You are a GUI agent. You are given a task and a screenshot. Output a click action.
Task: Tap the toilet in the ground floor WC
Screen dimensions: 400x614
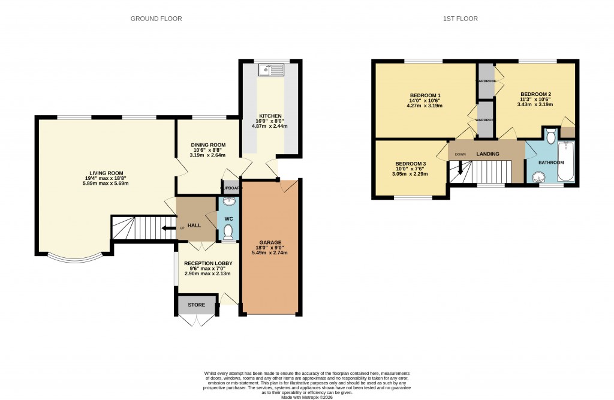[x=228, y=232]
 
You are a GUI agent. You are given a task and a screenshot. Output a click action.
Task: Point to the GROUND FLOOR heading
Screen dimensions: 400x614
[x=156, y=19]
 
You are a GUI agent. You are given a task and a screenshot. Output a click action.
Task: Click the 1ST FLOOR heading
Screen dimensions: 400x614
[x=460, y=19]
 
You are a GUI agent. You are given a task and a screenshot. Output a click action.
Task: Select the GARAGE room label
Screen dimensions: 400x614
[x=271, y=242]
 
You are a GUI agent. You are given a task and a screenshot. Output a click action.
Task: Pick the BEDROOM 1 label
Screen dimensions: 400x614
[x=425, y=96]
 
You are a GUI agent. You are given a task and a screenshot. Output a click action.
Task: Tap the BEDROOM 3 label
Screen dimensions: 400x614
[x=411, y=164]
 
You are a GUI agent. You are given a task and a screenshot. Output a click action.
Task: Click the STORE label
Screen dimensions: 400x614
[x=196, y=305]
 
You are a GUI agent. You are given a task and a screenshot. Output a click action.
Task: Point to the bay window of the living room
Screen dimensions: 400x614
[x=76, y=259]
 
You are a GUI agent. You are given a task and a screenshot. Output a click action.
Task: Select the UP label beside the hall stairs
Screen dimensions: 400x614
[x=182, y=228]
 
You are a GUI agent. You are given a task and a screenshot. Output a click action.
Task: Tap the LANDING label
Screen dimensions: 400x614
[x=487, y=154]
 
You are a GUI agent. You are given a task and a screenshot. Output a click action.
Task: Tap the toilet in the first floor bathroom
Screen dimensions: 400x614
[x=550, y=136]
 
